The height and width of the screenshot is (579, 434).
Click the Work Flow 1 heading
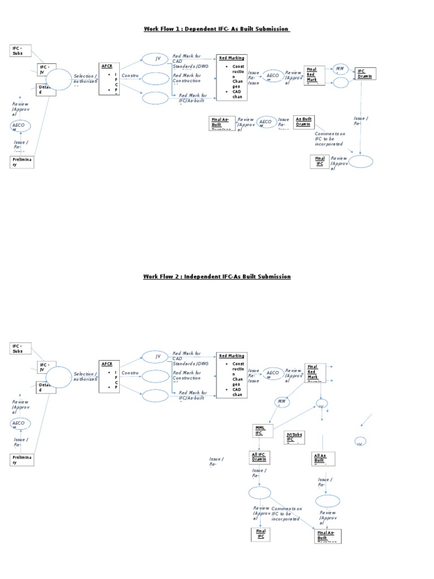coord(216,29)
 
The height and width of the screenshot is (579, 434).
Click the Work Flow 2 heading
coord(216,276)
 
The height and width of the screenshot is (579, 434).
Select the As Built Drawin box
coord(304,122)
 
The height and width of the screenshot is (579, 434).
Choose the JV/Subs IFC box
coord(294,437)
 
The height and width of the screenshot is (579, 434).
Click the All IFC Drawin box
coord(259,457)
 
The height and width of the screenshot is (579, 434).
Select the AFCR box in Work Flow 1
coord(109,79)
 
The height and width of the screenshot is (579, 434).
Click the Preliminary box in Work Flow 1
coord(22,162)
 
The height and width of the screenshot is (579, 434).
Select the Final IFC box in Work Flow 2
coord(261,534)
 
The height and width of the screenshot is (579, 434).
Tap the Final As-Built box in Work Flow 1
coord(220,122)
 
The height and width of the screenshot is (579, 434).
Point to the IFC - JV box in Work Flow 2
coord(47,368)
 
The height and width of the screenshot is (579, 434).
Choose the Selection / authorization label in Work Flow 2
coord(85,377)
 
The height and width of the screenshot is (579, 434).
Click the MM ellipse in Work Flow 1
coord(340,69)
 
